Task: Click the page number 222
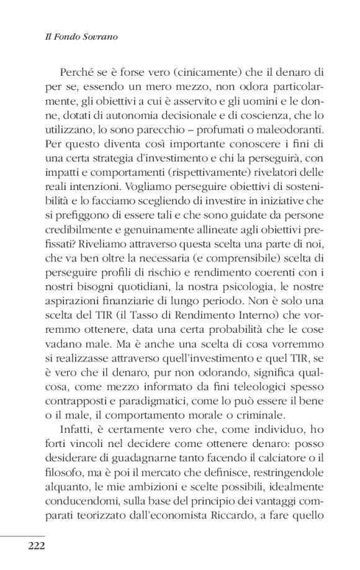pyautogui.click(x=27, y=546)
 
